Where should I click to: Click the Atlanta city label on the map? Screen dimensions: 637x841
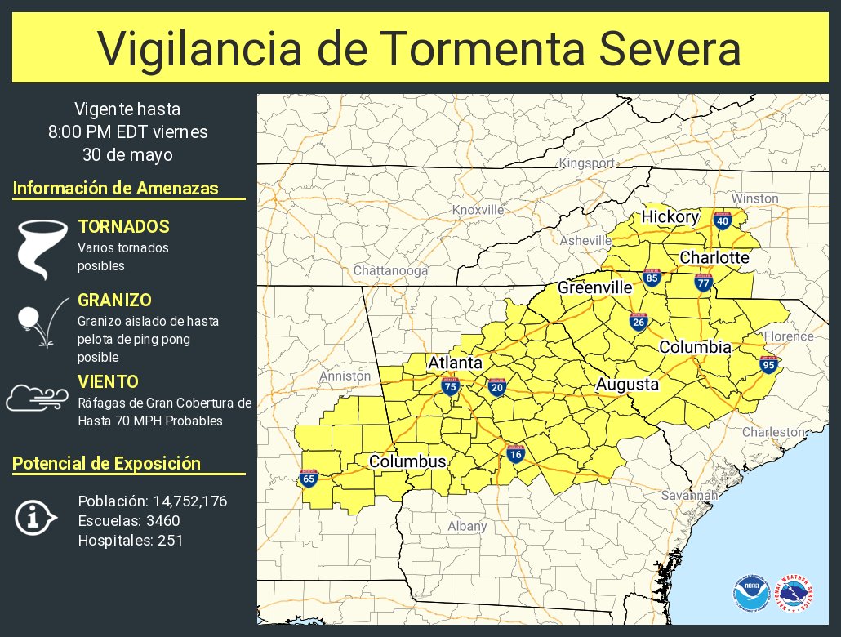tap(456, 363)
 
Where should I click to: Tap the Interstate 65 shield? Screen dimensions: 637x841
tap(309, 479)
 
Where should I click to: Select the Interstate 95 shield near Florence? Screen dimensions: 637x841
tap(768, 364)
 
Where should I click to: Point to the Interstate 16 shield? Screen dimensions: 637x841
tap(514, 454)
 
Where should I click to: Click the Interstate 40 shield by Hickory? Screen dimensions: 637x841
tap(722, 220)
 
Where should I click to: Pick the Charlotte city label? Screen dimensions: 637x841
tap(714, 258)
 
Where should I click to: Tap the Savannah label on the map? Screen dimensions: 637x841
tap(689, 495)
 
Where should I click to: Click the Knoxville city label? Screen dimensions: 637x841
tap(478, 210)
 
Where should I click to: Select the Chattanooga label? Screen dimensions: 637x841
tap(390, 270)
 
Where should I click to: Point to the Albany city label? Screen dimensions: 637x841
tap(467, 526)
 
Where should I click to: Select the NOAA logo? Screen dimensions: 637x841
tap(750, 594)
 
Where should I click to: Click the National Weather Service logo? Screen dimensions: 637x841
tap(795, 594)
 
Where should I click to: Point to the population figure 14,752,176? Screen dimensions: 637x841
tap(183, 501)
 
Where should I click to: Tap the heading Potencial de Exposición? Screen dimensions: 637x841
tap(107, 464)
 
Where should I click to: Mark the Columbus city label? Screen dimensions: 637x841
tap(407, 461)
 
